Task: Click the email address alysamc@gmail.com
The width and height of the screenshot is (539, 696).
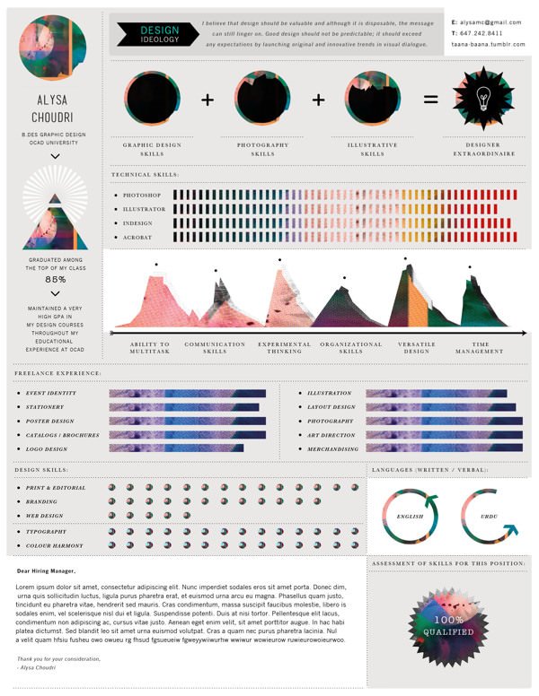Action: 490,22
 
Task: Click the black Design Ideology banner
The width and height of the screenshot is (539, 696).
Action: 160,34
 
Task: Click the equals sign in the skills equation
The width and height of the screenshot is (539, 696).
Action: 430,100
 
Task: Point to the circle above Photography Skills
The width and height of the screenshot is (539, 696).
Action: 262,99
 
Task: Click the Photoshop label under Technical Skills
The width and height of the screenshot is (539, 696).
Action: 142,195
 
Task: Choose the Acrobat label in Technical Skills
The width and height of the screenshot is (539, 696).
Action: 137,237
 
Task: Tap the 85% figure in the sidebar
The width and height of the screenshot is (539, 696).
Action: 56,278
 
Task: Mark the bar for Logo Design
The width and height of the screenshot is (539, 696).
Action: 176,448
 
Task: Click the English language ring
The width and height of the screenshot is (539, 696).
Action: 411,517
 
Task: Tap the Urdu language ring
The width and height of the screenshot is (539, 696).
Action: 490,517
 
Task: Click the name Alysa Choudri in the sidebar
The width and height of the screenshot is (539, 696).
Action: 56,109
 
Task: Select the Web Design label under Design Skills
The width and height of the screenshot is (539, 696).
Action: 45,516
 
